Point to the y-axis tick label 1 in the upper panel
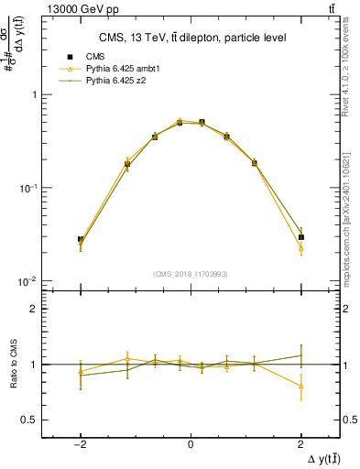(x=34, y=94)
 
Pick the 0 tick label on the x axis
(x=191, y=444)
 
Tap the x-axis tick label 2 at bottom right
(x=300, y=444)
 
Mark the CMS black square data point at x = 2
(x=300, y=237)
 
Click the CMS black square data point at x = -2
(x=81, y=239)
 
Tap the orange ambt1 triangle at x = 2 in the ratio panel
(x=300, y=386)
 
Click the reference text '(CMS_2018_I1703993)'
(x=191, y=273)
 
